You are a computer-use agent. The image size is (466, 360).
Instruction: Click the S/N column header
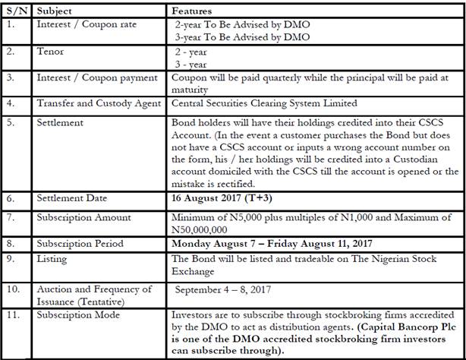(x=17, y=11)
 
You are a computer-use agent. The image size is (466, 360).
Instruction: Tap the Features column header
(x=192, y=11)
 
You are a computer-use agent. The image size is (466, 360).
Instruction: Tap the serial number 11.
(x=14, y=313)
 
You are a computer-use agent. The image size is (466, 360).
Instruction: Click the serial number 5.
(x=12, y=122)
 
